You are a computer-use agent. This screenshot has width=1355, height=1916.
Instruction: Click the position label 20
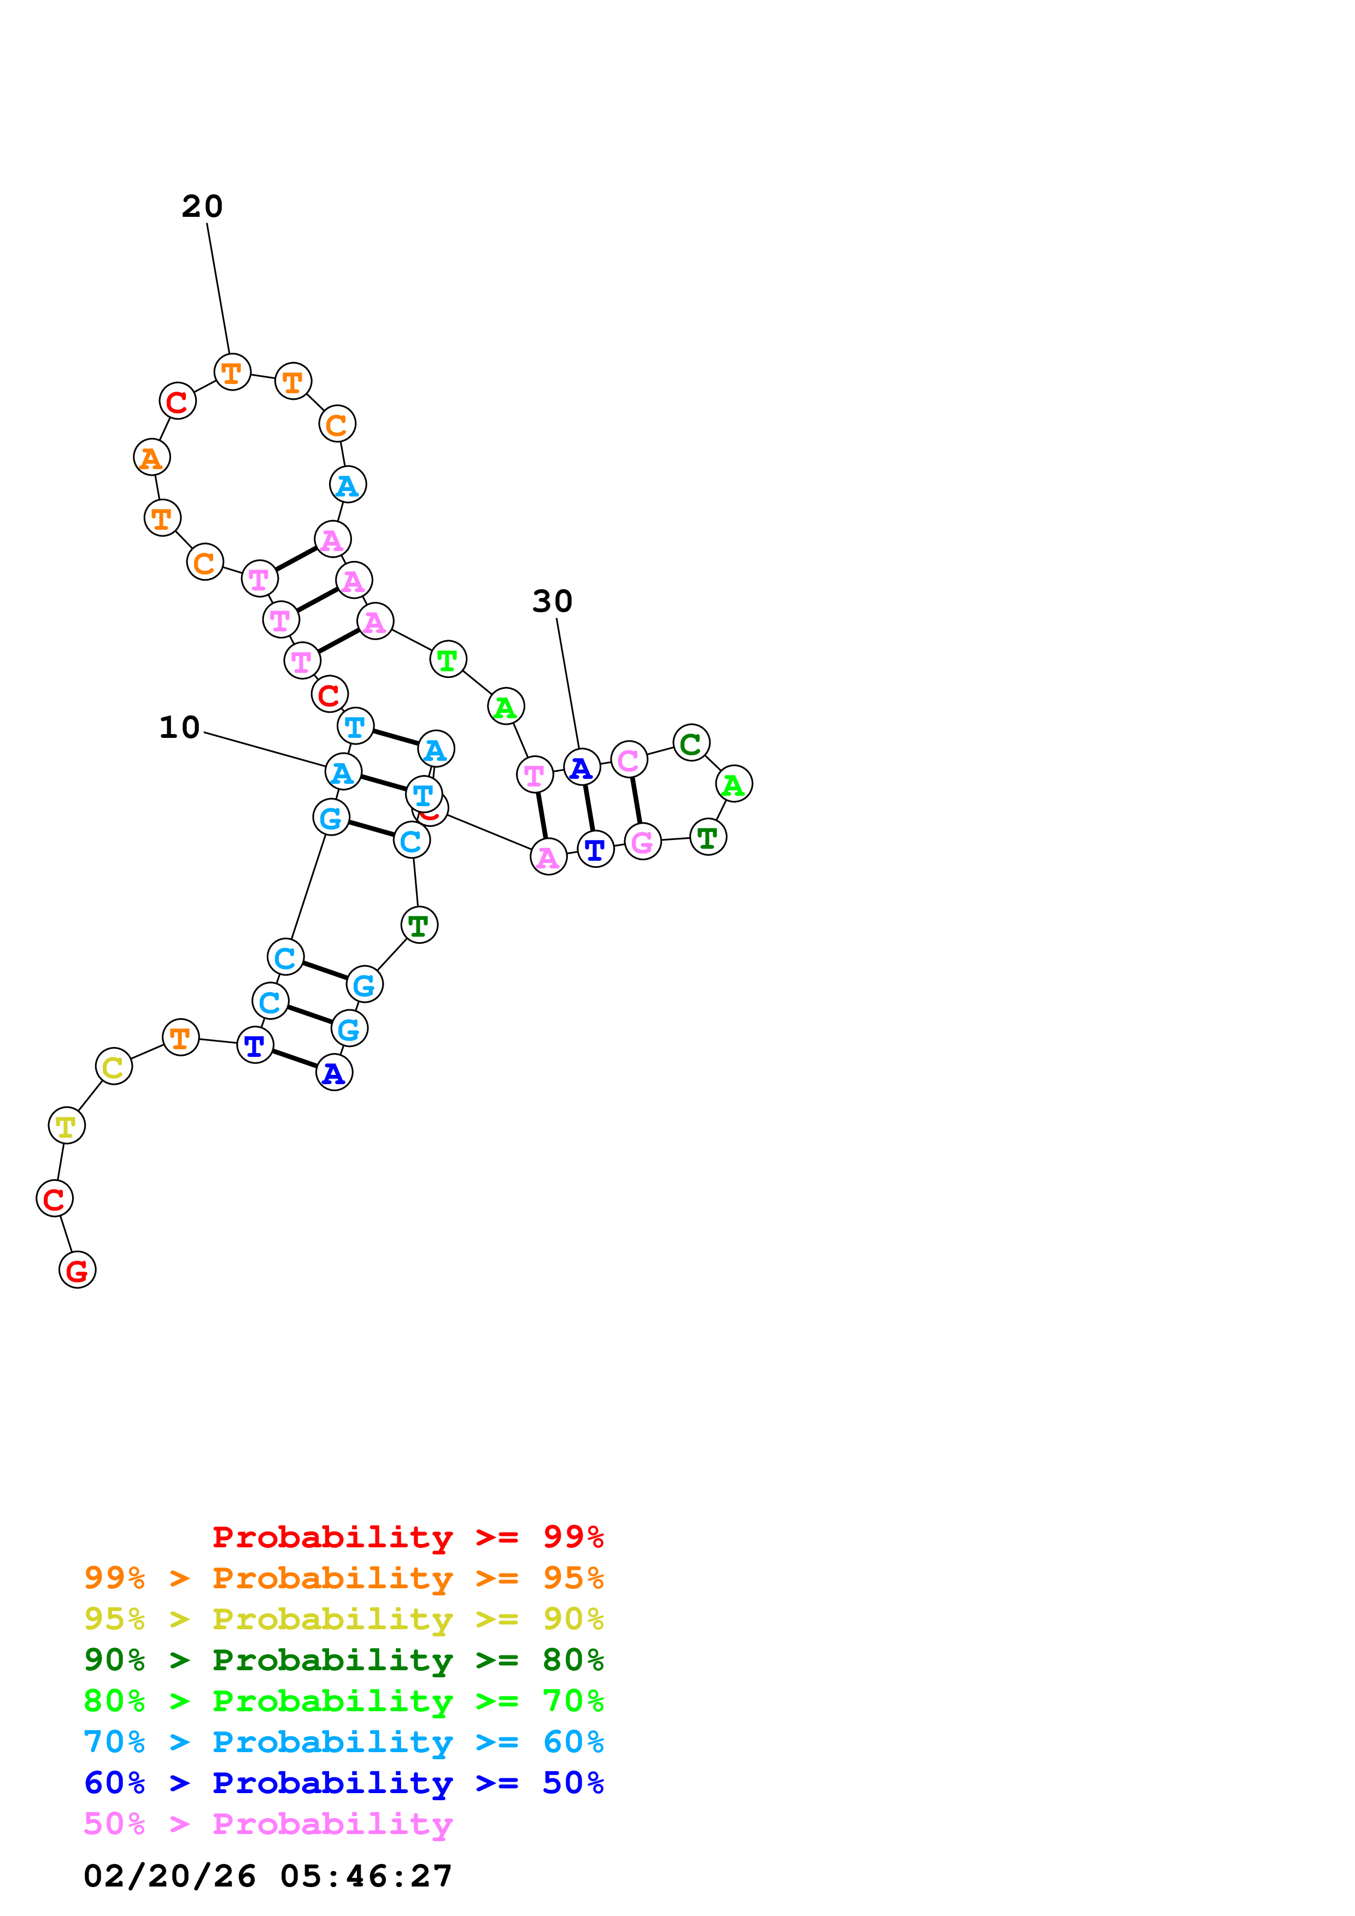(202, 206)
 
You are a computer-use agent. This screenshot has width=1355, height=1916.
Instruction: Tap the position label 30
(552, 601)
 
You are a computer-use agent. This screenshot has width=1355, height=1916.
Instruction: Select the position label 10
(179, 727)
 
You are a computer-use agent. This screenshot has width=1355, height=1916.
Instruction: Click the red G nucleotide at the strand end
(77, 1269)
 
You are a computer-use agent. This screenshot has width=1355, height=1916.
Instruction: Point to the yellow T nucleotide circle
(66, 1125)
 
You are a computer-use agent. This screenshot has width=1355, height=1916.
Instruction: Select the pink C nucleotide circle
(629, 759)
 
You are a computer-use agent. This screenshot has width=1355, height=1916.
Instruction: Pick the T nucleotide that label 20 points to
(232, 371)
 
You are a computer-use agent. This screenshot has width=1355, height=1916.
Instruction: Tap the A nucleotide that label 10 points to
(342, 772)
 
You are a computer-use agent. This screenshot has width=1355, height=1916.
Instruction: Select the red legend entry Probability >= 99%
(407, 1536)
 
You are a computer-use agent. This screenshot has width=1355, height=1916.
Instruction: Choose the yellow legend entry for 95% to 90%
(343, 1619)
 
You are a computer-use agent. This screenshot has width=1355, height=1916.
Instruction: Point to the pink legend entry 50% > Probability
(268, 1824)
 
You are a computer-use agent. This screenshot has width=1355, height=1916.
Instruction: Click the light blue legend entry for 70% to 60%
(343, 1742)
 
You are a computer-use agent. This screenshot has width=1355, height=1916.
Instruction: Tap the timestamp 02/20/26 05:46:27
(268, 1876)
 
